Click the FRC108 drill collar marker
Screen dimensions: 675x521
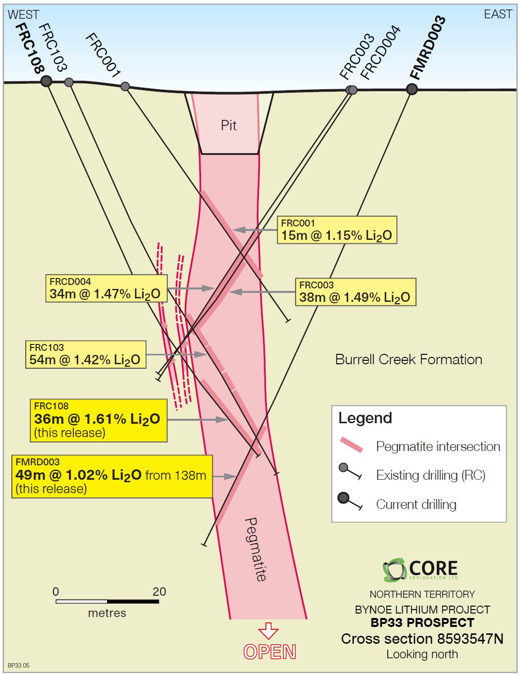point(46,81)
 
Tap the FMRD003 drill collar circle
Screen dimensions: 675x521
point(412,89)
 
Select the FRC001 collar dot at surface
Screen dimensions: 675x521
point(125,87)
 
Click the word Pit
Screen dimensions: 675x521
point(228,125)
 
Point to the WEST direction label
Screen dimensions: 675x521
point(23,14)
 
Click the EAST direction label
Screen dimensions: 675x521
point(498,14)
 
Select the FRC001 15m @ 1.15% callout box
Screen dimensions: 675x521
point(337,230)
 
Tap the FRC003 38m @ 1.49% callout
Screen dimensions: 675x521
point(355,292)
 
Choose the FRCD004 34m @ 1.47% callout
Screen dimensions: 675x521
point(105,288)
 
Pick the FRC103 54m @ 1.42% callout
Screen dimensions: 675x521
point(86,354)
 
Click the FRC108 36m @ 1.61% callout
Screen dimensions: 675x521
point(98,420)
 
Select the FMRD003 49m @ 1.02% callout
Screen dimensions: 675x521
point(112,476)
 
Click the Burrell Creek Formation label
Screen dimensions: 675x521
point(409,359)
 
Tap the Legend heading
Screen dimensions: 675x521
point(365,418)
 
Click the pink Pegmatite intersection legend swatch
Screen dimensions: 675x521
point(352,445)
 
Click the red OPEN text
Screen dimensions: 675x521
point(269,652)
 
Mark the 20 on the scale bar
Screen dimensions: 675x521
point(159,591)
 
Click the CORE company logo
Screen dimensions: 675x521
point(420,569)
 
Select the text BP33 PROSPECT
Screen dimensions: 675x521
point(422,622)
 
